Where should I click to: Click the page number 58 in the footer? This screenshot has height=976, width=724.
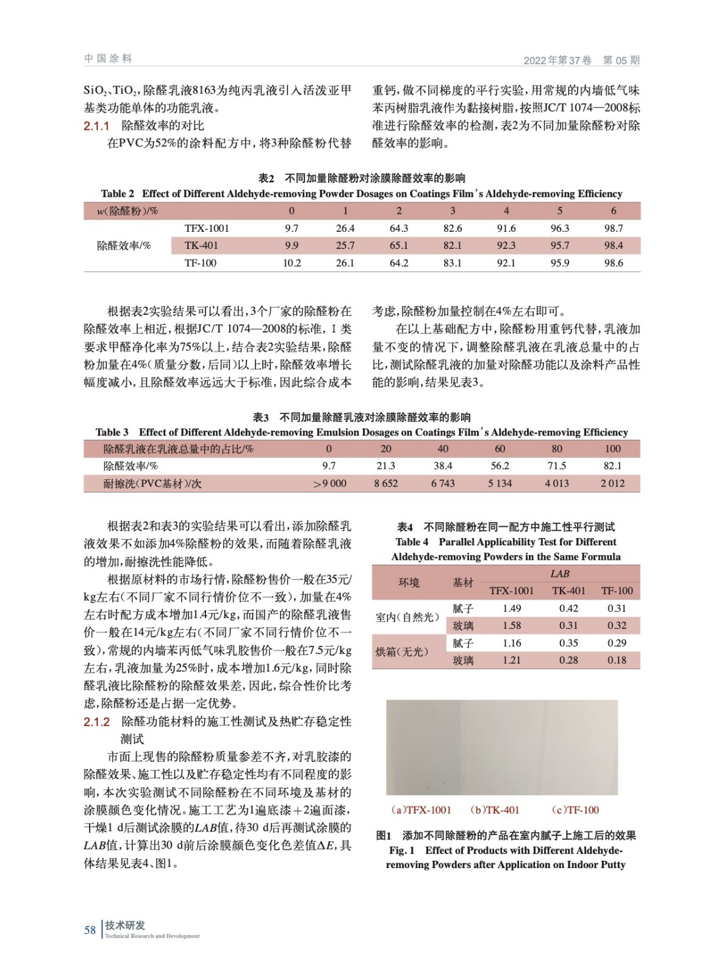[x=90, y=930]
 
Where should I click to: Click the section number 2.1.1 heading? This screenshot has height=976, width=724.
[x=96, y=126]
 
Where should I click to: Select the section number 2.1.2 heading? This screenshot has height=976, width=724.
[x=96, y=722]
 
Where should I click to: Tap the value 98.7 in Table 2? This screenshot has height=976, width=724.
[x=613, y=228]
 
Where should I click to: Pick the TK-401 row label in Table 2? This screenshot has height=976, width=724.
[x=201, y=245]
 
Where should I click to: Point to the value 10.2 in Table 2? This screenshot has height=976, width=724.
[x=292, y=263]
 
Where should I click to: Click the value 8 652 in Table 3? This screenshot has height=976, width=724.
[x=385, y=483]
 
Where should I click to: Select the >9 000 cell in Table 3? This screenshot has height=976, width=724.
[x=329, y=483]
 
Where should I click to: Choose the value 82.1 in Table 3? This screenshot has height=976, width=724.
[x=612, y=465]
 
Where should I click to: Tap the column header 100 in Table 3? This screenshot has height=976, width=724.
[x=612, y=448]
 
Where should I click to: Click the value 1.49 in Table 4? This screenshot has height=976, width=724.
[x=512, y=608]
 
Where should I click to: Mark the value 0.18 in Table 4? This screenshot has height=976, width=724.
[x=617, y=660]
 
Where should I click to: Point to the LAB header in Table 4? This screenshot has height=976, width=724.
[x=559, y=573]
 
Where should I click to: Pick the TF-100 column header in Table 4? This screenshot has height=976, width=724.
[x=617, y=590]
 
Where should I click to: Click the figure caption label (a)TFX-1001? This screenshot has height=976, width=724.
[x=421, y=810]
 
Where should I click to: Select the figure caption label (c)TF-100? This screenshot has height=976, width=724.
[x=575, y=810]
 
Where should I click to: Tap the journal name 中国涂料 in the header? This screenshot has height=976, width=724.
[x=108, y=59]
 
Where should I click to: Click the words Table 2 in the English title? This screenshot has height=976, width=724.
[x=117, y=193]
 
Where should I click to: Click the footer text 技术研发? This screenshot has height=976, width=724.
[x=125, y=925]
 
